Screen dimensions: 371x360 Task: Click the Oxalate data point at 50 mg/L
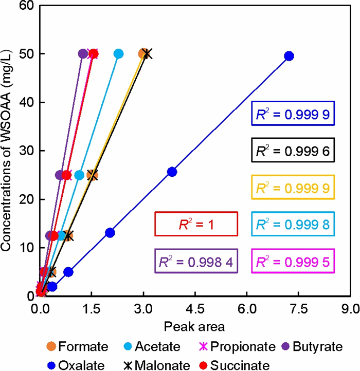[x=289, y=56]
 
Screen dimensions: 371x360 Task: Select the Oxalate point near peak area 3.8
[x=172, y=172]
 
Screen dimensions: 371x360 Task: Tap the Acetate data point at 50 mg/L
[x=118, y=54]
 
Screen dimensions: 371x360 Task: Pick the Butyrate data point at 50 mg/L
[x=83, y=54]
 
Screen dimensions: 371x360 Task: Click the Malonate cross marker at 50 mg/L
[x=148, y=54]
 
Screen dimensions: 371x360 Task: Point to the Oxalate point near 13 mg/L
[x=110, y=233]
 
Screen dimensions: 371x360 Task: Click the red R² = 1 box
[x=195, y=224]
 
